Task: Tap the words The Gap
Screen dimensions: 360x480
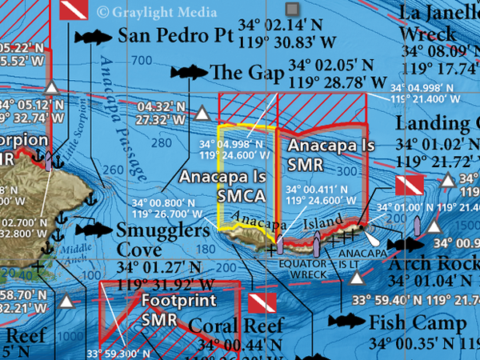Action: pyautogui.click(x=247, y=74)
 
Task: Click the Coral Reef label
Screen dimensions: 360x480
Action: pyautogui.click(x=235, y=326)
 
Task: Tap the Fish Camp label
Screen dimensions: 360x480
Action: pyautogui.click(x=417, y=323)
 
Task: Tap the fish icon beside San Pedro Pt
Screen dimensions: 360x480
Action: pyautogui.click(x=94, y=37)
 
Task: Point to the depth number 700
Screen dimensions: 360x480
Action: pyautogui.click(x=142, y=61)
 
